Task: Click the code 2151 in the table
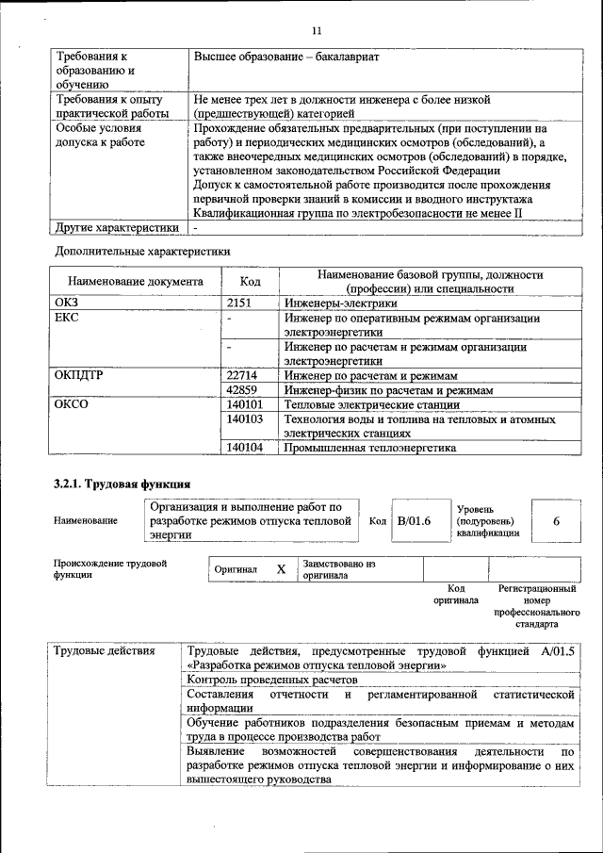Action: pyautogui.click(x=242, y=303)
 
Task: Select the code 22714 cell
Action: pyautogui.click(x=244, y=375)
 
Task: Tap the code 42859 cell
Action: pyautogui.click(x=244, y=389)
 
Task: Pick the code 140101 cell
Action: pyautogui.click(x=246, y=404)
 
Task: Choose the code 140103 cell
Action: pyautogui.click(x=246, y=418)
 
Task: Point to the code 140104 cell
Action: pyautogui.click(x=246, y=448)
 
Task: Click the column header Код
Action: pyautogui.click(x=250, y=281)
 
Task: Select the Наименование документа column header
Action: pyautogui.click(x=136, y=281)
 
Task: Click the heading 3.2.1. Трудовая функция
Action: pyautogui.click(x=122, y=484)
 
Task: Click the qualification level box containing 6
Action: pyautogui.click(x=556, y=520)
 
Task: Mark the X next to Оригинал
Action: pyautogui.click(x=280, y=569)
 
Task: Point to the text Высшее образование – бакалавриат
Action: pyautogui.click(x=286, y=57)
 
